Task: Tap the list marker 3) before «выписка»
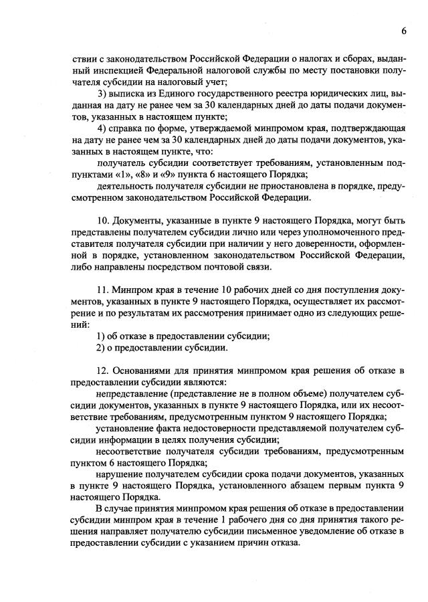click(x=102, y=94)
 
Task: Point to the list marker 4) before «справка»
click(x=102, y=128)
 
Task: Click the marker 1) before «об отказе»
click(x=102, y=336)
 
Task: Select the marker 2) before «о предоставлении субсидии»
click(x=102, y=348)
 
